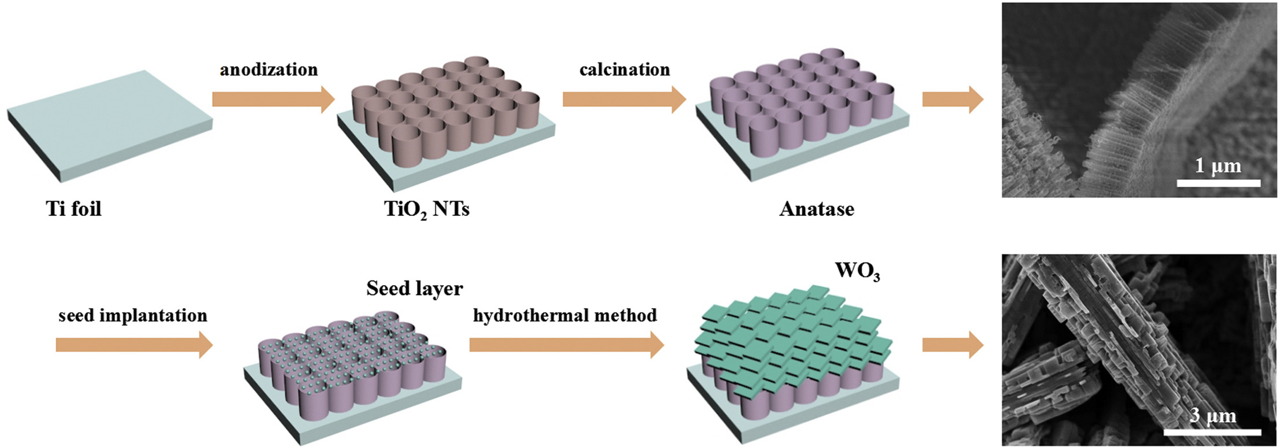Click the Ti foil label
pos(73,209)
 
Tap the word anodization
pos(268,70)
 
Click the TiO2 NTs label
pos(427,209)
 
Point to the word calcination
pos(625,70)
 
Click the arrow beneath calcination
pos(624,99)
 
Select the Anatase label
pos(816,209)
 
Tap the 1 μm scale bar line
pos(1218,183)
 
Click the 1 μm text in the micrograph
pos(1218,167)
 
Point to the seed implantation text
pos(132,316)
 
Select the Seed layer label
pos(414,289)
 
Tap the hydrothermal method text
pos(565,316)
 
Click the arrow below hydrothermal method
pos(566,345)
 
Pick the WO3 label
pos(857,271)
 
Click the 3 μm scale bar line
pos(1212,431)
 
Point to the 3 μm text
pos(1213,415)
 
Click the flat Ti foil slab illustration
pos(110,124)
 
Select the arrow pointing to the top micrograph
pos(952,99)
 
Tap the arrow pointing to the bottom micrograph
pos(952,345)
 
